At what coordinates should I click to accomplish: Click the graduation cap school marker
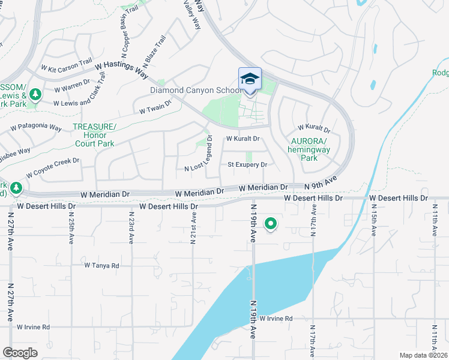[250, 80]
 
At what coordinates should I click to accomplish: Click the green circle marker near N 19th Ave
[271, 224]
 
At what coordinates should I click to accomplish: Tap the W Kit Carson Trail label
[66, 62]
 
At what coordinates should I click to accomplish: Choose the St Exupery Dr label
[247, 164]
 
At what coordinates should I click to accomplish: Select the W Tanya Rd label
[101, 265]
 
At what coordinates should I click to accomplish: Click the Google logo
[20, 352]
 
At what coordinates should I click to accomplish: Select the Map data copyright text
[423, 355]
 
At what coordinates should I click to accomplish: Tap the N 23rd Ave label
[131, 226]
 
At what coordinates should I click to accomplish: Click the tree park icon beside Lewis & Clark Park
[35, 94]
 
